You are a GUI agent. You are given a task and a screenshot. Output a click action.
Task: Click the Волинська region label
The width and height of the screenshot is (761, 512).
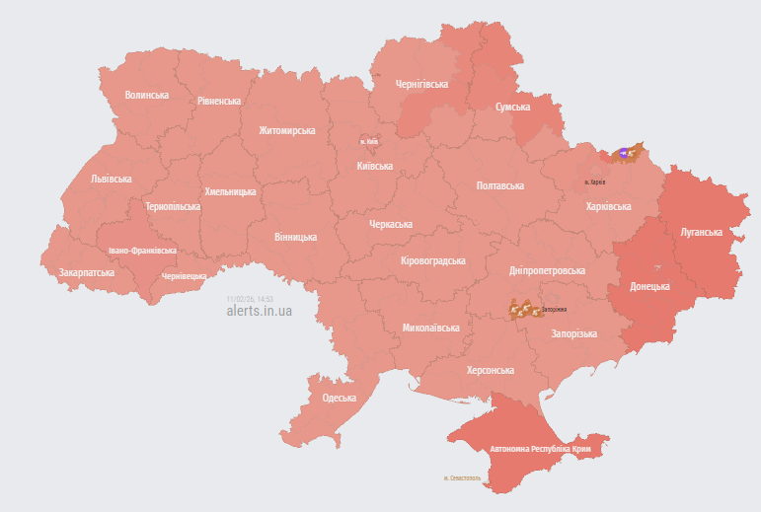[146, 96]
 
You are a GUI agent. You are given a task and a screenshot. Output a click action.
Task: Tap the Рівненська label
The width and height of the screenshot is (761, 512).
[218, 102]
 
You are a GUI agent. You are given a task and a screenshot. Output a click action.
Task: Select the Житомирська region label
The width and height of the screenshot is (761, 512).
[286, 130]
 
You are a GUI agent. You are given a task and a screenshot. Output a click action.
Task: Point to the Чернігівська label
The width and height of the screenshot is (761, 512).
[421, 85]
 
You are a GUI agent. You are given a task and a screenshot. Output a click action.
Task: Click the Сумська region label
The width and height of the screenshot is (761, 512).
[512, 107]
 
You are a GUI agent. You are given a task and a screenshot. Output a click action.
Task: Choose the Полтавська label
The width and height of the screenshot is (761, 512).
[499, 185]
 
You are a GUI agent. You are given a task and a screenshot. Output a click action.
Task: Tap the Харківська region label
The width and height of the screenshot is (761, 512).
[608, 207]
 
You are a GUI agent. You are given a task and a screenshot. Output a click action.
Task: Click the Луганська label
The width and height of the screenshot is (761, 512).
[701, 233]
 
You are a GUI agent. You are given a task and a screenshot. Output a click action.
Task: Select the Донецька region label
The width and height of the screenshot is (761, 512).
[649, 287]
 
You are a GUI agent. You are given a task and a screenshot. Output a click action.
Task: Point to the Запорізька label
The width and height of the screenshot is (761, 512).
[573, 333]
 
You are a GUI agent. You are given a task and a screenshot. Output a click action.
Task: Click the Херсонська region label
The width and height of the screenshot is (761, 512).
[490, 370]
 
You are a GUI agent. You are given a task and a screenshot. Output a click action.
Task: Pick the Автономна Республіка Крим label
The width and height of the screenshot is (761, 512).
[540, 449]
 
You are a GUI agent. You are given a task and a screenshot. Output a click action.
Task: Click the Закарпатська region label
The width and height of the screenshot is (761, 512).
[86, 272]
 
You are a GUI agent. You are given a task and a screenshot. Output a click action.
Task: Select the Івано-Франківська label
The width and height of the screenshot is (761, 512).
[142, 251]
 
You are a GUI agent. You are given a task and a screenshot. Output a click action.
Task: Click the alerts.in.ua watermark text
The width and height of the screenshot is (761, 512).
[260, 311]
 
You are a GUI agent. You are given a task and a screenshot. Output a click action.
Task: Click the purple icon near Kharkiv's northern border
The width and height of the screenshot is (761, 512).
[624, 153]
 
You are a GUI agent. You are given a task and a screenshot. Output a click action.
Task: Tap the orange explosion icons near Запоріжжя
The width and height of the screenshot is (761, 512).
[523, 310]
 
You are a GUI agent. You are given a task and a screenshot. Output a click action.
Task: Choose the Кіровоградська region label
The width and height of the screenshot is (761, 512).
[432, 260]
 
